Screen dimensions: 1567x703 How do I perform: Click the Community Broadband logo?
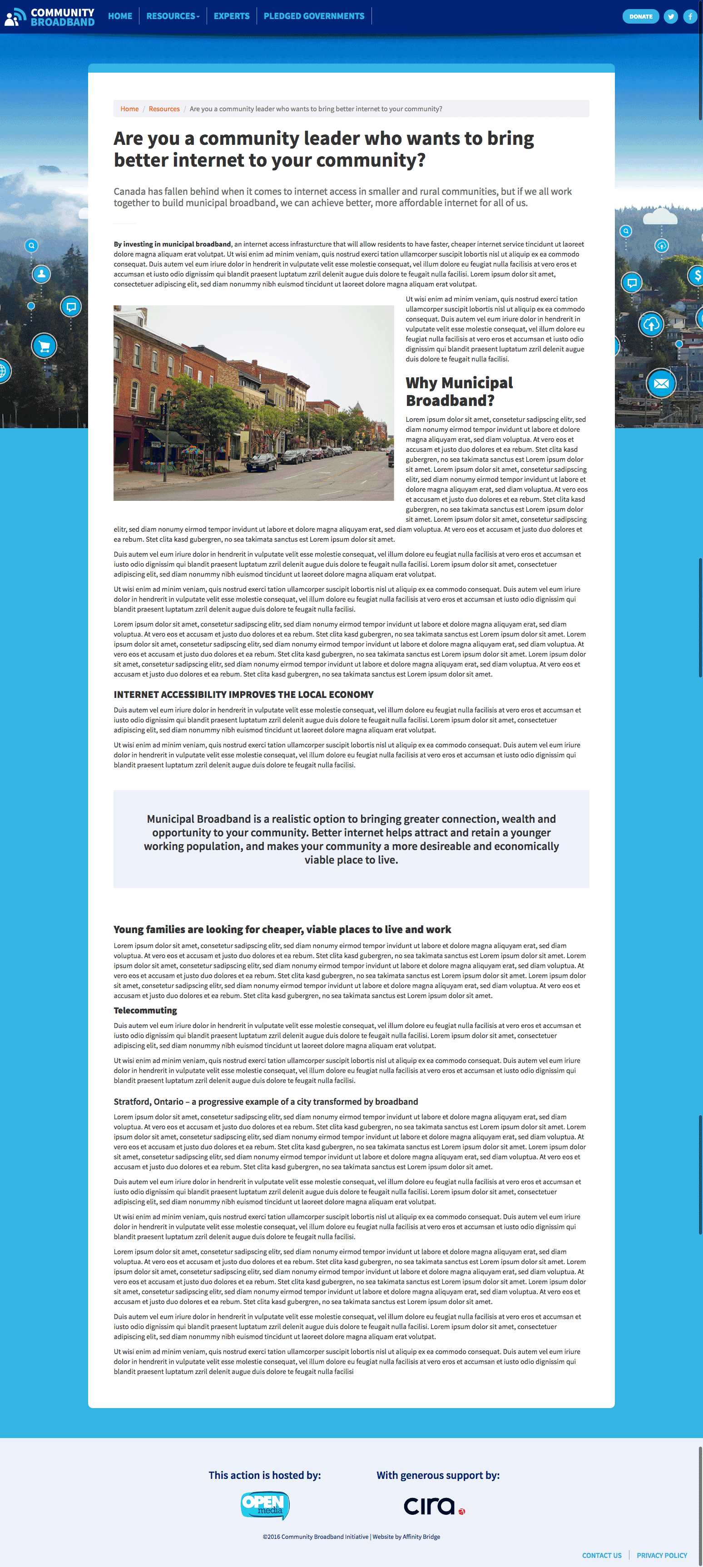point(50,16)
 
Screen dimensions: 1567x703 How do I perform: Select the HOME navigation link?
point(120,16)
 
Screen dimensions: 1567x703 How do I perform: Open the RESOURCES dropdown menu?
point(173,16)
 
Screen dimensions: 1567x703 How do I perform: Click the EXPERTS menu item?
point(231,16)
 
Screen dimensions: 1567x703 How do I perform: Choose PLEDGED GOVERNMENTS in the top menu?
point(314,16)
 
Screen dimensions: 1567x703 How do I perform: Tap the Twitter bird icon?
point(671,16)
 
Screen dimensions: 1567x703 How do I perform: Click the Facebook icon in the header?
point(690,16)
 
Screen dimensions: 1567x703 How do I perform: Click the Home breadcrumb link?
point(129,109)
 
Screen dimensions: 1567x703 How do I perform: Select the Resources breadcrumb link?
point(164,109)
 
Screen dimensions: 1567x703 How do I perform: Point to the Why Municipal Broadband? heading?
point(459,391)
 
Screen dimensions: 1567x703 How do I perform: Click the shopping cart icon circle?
point(44,346)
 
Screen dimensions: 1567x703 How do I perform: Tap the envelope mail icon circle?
point(661,383)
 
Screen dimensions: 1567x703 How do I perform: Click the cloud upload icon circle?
point(651,324)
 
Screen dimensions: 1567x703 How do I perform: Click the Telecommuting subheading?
point(145,1010)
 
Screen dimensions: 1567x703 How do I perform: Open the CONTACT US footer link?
point(601,1556)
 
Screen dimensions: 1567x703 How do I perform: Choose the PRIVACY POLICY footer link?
point(662,1556)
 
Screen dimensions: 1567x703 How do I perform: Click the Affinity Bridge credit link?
point(421,1537)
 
